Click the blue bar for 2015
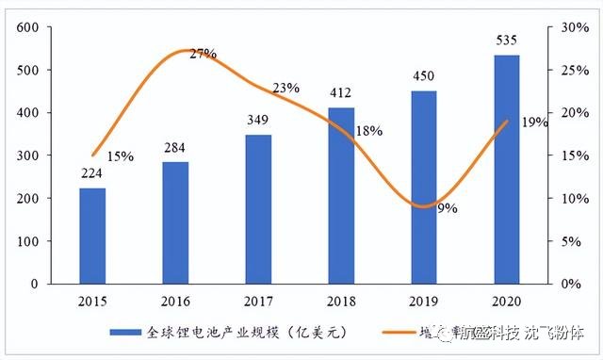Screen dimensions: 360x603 (92, 236)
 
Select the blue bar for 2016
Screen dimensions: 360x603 (175, 222)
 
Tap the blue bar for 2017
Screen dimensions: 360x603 (258, 209)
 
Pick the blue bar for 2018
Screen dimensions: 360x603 (341, 195)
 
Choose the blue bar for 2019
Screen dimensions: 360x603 (424, 187)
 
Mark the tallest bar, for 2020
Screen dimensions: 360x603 (507, 169)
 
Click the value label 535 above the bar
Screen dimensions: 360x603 (507, 41)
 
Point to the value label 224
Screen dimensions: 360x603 (92, 175)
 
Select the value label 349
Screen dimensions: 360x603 (258, 122)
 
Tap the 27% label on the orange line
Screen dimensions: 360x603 (202, 55)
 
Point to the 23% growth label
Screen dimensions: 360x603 (285, 89)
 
